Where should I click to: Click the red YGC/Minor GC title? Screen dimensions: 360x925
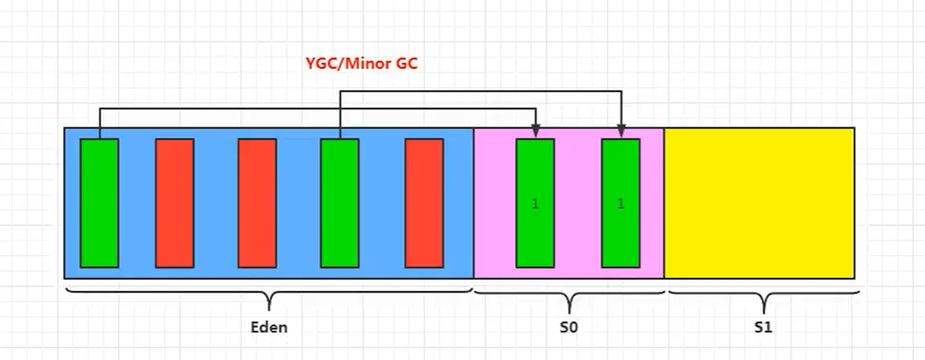[x=362, y=65]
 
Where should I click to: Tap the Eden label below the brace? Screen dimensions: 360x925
[x=269, y=327]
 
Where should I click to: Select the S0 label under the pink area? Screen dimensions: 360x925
[x=568, y=327]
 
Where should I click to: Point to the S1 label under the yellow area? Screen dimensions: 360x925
[x=763, y=327]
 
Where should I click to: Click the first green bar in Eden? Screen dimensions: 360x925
[x=99, y=203]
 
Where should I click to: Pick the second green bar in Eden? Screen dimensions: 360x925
[x=340, y=203]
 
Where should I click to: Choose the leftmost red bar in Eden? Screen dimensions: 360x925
[x=175, y=203]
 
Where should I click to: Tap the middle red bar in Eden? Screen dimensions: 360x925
[x=257, y=203]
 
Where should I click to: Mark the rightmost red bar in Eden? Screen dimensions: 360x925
[x=424, y=203]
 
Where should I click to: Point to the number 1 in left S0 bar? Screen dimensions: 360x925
[x=535, y=204]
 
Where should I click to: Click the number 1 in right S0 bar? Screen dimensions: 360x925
[x=620, y=204]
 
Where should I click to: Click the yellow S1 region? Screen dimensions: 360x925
[x=759, y=203]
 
